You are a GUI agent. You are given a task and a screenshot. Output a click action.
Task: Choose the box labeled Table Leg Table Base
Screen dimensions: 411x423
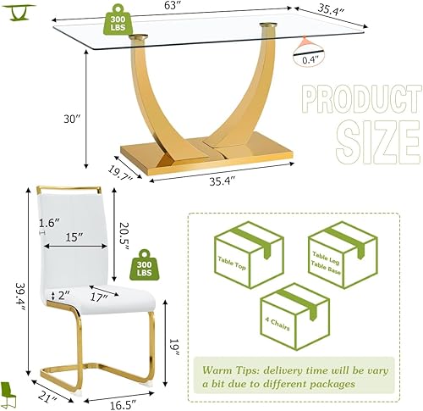coord(338,255)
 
